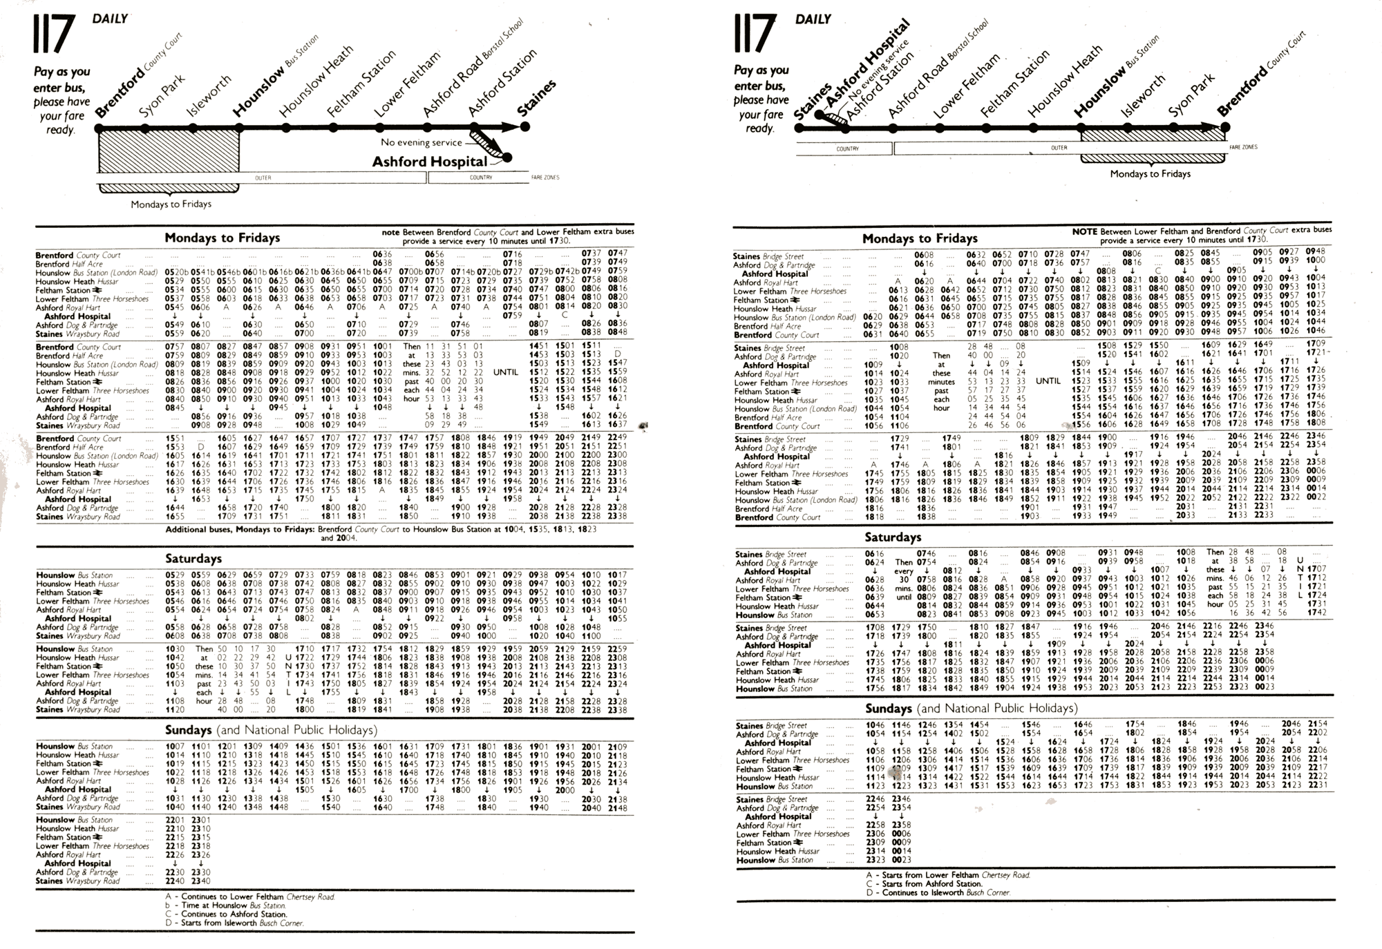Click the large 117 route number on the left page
53,35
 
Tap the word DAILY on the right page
813,19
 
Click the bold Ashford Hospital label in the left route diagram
429,162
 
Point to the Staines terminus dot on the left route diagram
525,126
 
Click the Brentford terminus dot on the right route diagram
1225,127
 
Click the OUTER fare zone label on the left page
263,178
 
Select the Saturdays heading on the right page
892,537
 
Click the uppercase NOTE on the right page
1084,231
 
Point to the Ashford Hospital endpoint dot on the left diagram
508,157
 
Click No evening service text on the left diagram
421,142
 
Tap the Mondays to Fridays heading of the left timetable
222,238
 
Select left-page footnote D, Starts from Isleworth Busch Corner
234,923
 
